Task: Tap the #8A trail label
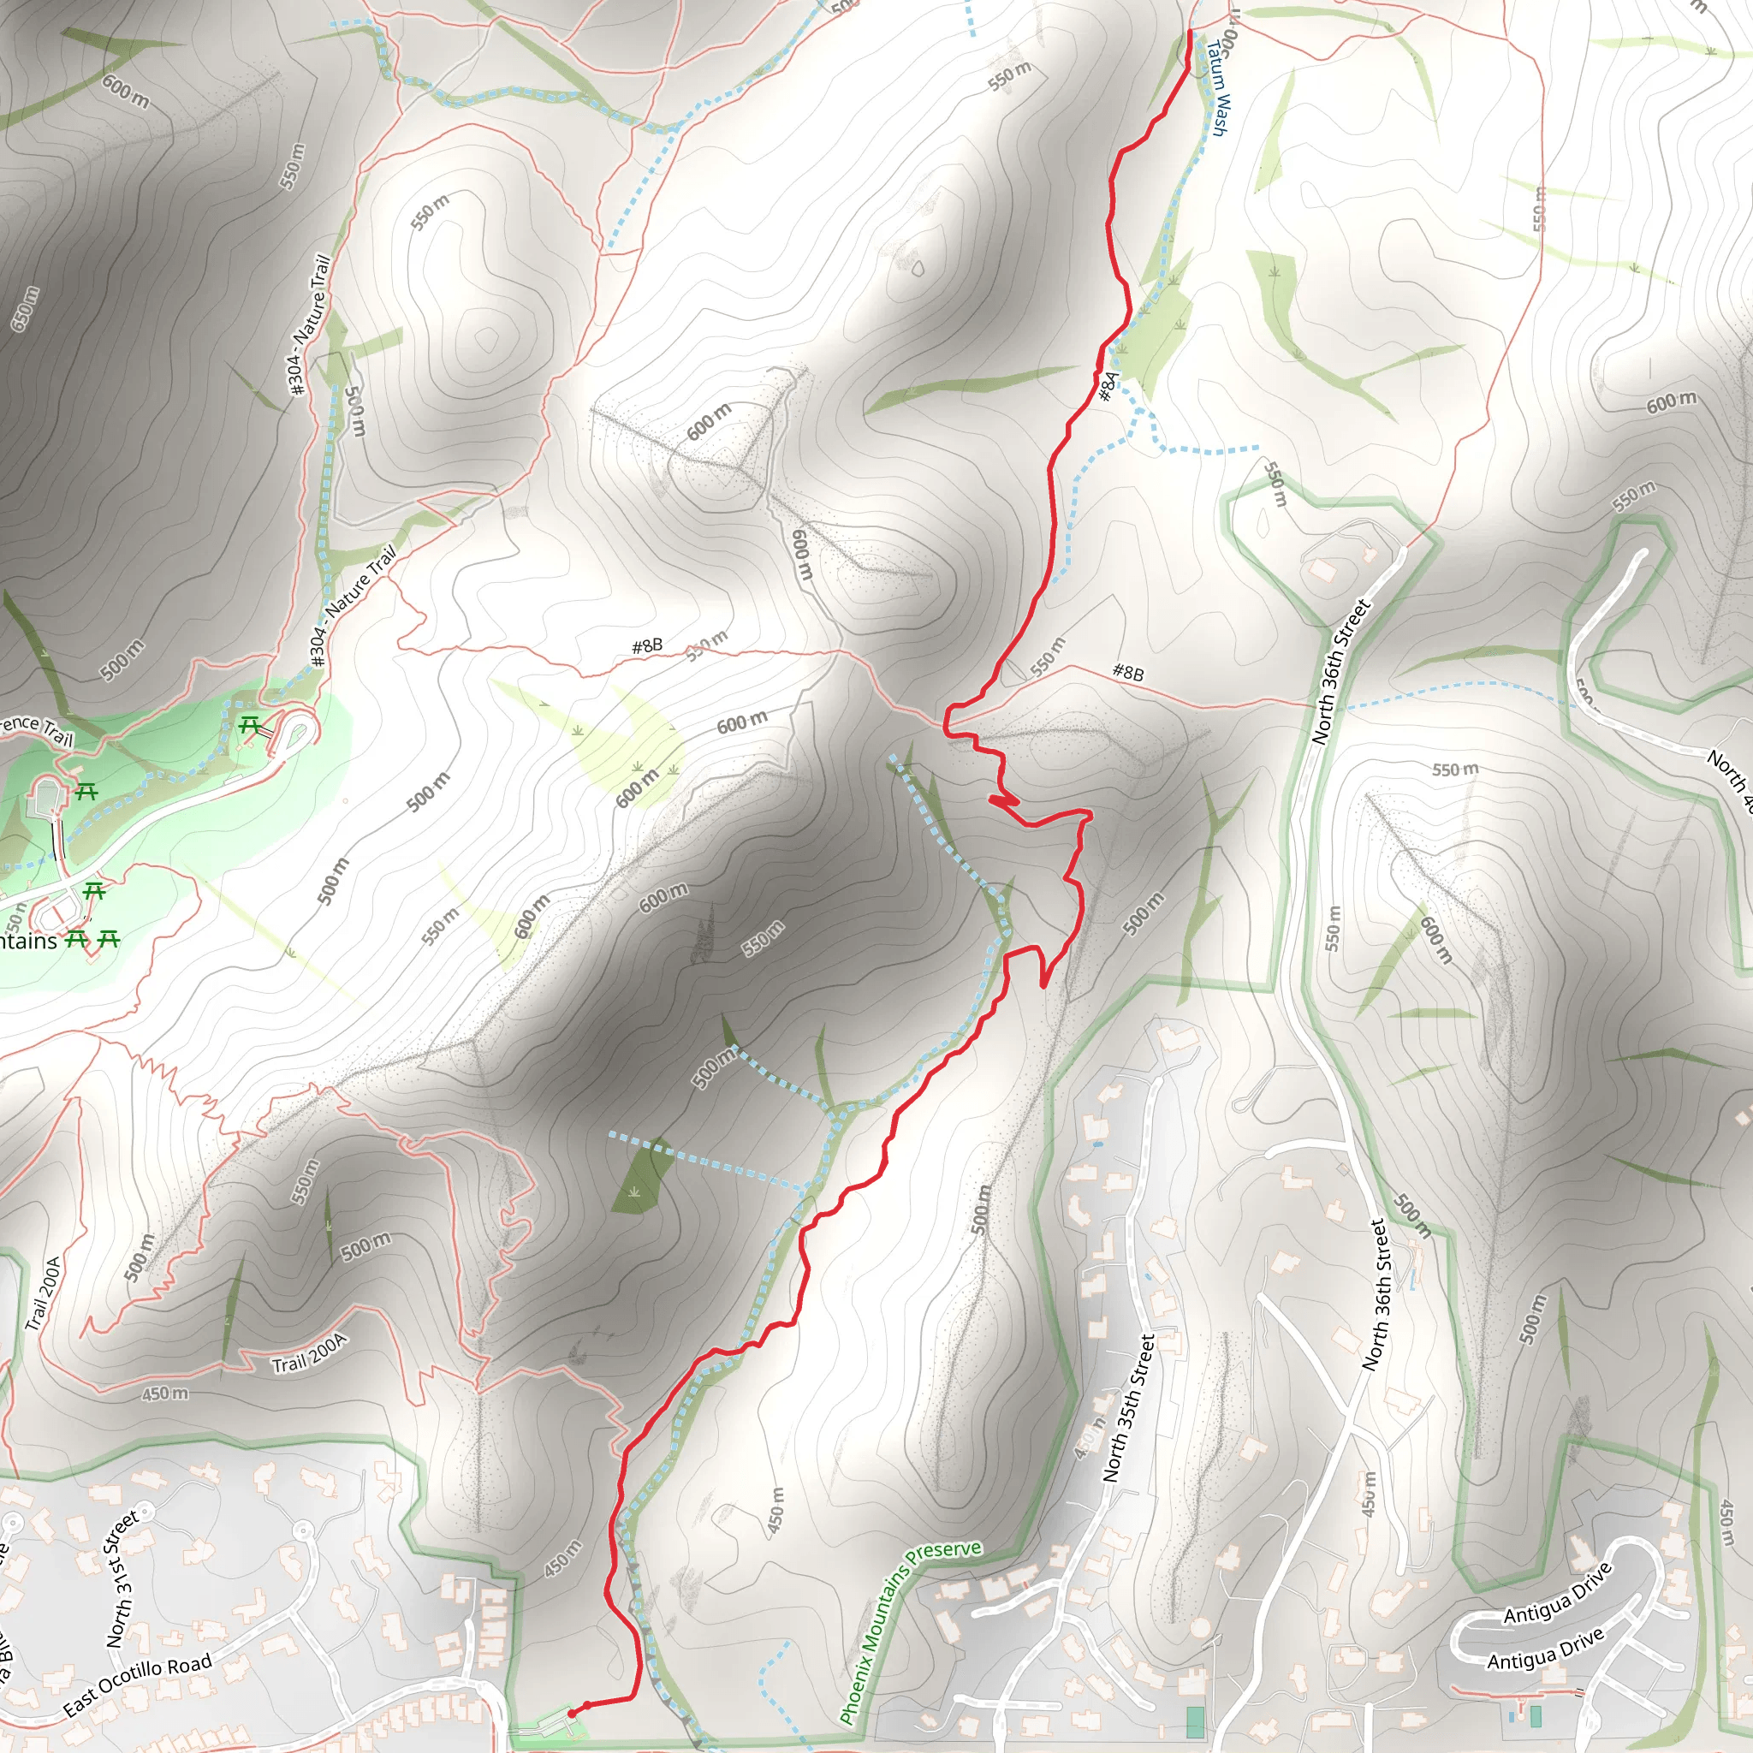coord(1108,386)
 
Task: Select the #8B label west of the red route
coord(647,646)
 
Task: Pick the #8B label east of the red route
coord(1128,672)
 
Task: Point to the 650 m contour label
coord(26,308)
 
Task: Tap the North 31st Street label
coord(122,1578)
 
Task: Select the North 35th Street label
coord(1128,1408)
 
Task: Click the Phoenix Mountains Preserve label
coord(909,1631)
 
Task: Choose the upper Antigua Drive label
coord(1557,1593)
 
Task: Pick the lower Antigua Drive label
coord(1545,1649)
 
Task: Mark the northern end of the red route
coord(1190,33)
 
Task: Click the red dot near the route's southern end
coord(587,1706)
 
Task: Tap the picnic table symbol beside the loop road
coord(250,726)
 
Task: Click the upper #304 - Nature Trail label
coord(308,324)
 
